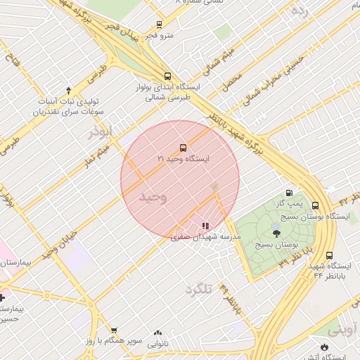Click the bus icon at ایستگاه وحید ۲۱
(x=183, y=148)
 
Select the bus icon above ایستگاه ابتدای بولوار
(x=167, y=76)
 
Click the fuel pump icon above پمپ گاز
(x=288, y=193)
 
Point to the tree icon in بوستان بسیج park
(x=275, y=233)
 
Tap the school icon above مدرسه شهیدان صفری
(x=205, y=226)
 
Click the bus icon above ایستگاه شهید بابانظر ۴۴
(x=329, y=257)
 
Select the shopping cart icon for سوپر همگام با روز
(x=114, y=330)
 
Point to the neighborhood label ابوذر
(x=100, y=131)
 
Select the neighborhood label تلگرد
(x=199, y=289)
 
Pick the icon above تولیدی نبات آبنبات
(x=68, y=90)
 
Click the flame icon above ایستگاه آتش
(x=323, y=347)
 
